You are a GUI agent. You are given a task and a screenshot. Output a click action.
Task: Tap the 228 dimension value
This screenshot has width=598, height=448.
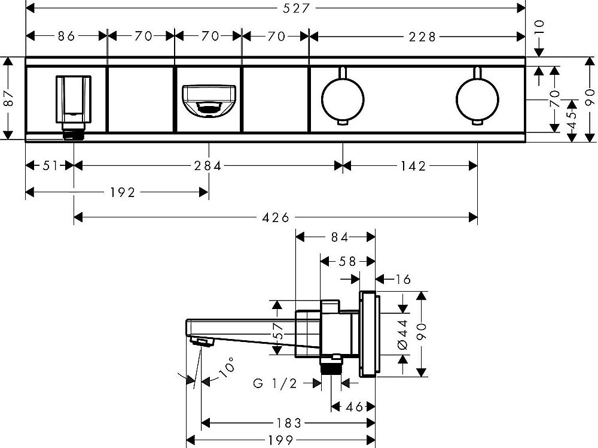click(417, 36)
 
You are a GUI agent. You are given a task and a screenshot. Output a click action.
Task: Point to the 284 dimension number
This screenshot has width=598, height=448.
click(208, 166)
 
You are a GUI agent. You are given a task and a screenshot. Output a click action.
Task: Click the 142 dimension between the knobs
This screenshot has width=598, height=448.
click(410, 166)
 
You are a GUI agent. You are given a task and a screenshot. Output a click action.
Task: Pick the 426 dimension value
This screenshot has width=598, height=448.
click(276, 216)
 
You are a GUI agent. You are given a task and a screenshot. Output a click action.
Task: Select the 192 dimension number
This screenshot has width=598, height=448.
click(122, 192)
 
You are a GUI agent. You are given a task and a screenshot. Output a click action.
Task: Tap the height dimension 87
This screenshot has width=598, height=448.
click(7, 98)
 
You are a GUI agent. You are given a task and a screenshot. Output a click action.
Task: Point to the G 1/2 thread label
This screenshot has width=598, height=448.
click(274, 383)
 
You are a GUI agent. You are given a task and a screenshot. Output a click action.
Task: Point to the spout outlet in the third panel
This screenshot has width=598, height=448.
click(208, 99)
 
